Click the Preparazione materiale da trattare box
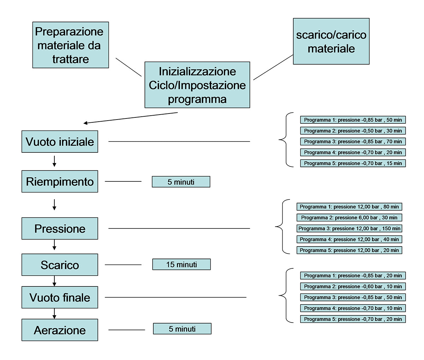(x=70, y=45)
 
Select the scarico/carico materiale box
(x=331, y=41)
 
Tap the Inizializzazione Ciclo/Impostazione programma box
(x=197, y=85)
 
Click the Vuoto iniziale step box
(x=60, y=142)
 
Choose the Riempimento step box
(x=60, y=181)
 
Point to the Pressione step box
(x=60, y=228)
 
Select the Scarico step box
(x=60, y=265)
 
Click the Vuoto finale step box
(x=60, y=297)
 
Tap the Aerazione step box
(x=60, y=330)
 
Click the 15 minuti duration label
(x=182, y=265)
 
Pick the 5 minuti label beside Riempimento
(x=181, y=182)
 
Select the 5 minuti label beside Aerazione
(x=182, y=329)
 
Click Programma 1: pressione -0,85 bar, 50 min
(x=353, y=120)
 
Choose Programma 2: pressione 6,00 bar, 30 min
(x=349, y=217)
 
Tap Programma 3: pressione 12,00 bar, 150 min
(x=349, y=228)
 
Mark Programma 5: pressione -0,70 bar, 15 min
(x=353, y=163)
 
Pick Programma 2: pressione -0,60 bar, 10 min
(x=353, y=286)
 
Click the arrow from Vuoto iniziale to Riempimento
(x=54, y=161)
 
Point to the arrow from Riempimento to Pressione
(x=54, y=205)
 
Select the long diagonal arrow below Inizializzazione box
(x=131, y=118)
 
